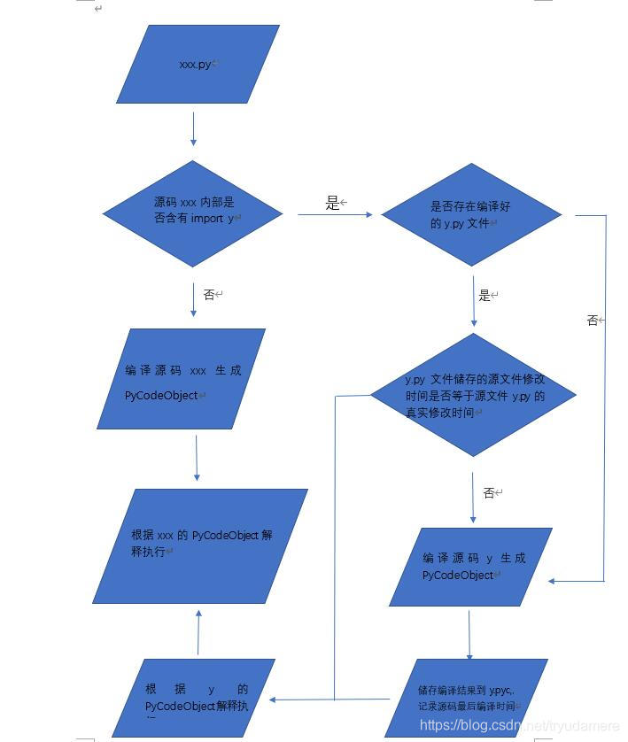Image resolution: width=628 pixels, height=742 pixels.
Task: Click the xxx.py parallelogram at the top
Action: pos(198,64)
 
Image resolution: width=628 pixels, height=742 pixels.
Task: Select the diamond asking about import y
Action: pos(193,213)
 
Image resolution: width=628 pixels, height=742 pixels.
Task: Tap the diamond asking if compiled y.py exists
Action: pos(471,213)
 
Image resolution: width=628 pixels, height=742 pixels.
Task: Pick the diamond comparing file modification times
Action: pos(473,395)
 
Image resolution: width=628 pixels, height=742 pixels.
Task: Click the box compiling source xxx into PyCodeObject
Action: pos(182,379)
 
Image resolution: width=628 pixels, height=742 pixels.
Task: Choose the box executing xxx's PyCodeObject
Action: pos(200,545)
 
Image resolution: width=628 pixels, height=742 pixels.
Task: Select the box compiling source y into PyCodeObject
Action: pos(471,567)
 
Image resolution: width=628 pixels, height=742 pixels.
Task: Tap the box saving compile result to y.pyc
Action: pos(467,698)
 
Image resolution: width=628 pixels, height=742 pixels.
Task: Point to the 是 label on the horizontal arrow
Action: pos(332,204)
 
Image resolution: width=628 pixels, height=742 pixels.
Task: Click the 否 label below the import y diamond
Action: pos(209,295)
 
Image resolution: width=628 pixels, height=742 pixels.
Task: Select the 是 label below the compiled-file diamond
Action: pos(485,296)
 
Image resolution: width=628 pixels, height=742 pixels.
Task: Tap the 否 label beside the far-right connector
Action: pos(593,321)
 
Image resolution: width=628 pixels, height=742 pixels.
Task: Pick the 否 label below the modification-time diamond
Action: pos(489,493)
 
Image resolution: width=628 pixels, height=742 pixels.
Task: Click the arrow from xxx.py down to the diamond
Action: pos(193,130)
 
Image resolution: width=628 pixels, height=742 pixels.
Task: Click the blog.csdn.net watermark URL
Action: pos(519,726)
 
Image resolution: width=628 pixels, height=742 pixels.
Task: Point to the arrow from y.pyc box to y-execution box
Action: pos(330,699)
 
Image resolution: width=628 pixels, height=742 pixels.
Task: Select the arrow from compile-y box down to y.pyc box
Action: pos(469,632)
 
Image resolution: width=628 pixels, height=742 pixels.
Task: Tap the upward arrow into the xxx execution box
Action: pos(198,631)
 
